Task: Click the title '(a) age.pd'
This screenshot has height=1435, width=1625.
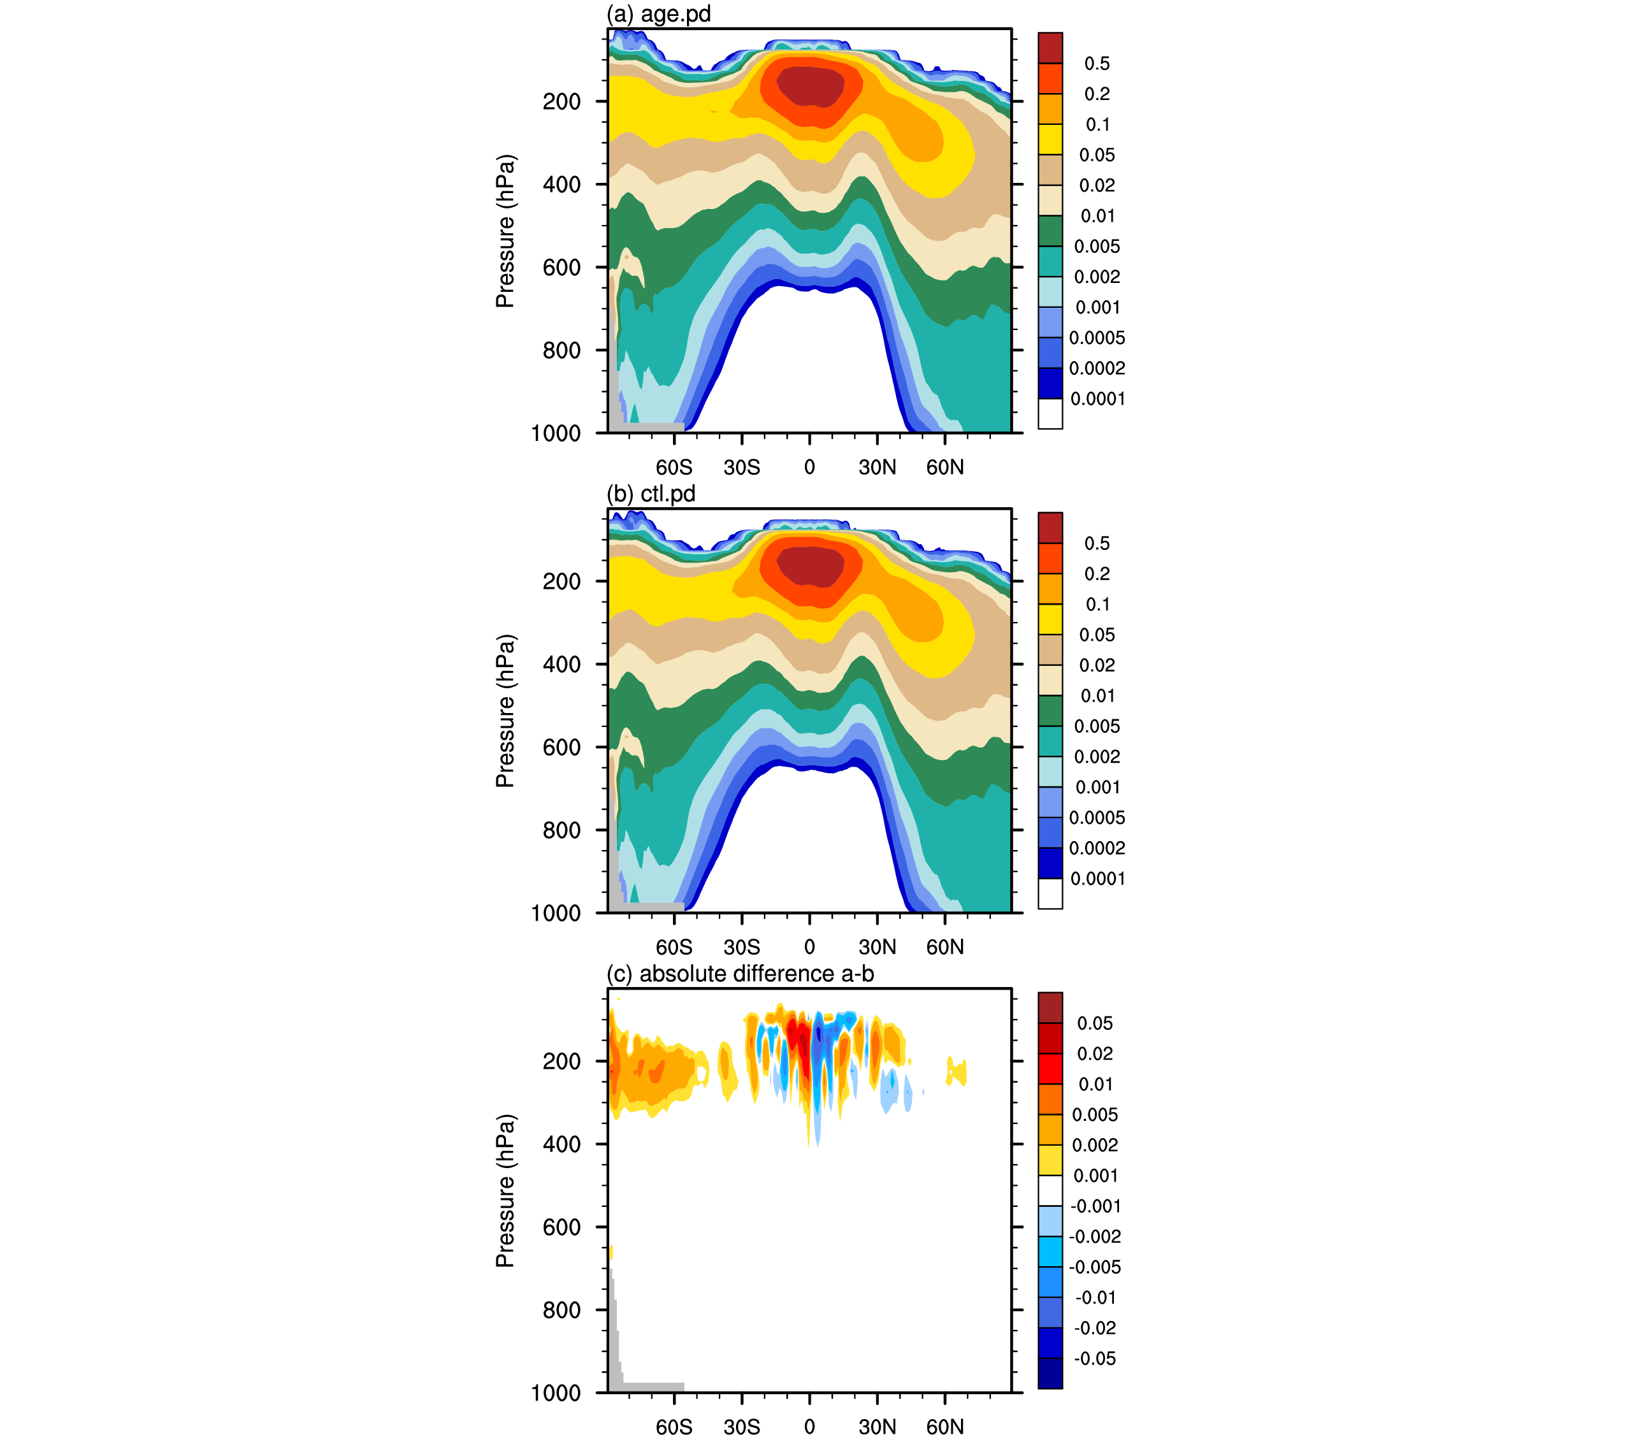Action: point(658,14)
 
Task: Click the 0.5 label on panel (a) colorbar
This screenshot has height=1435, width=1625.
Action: point(1097,64)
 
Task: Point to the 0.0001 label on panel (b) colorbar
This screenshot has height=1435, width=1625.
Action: point(1097,879)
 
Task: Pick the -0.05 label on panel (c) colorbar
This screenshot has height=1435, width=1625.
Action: point(1095,1359)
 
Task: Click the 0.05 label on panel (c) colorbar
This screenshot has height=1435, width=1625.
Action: point(1095,1023)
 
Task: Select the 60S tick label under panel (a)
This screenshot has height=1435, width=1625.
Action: point(674,468)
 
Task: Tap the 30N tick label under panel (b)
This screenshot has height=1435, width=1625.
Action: point(877,947)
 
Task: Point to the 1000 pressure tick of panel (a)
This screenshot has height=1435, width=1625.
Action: point(556,433)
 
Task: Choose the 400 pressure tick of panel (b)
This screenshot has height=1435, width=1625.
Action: point(561,664)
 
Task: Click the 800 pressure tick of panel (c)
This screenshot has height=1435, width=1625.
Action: point(561,1309)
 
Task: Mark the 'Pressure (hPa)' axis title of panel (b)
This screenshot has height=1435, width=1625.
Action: point(505,710)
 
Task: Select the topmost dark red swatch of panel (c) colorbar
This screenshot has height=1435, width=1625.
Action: point(1050,1008)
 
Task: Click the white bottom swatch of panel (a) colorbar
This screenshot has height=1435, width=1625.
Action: point(1050,414)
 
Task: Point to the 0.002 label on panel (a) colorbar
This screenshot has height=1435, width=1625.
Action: point(1097,277)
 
